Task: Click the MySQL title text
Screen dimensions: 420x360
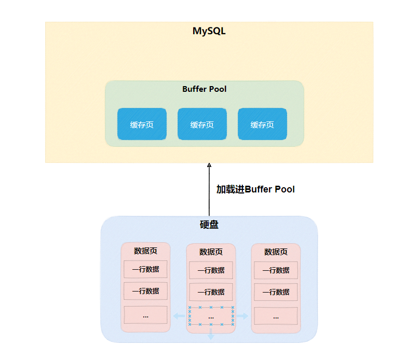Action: pyautogui.click(x=209, y=31)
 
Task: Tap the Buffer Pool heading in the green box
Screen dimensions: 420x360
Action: pyautogui.click(x=205, y=89)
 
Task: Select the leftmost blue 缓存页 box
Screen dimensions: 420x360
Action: pyautogui.click(x=142, y=124)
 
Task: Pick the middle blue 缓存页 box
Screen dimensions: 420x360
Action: pyautogui.click(x=202, y=124)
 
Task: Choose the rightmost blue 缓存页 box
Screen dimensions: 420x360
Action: pyautogui.click(x=263, y=124)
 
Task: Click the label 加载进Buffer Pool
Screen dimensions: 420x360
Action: pyautogui.click(x=255, y=189)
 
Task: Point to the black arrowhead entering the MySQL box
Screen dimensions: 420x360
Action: pyautogui.click(x=209, y=165)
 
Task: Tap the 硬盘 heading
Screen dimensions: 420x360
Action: pyautogui.click(x=209, y=224)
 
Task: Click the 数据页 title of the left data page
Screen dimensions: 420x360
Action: pyautogui.click(x=145, y=251)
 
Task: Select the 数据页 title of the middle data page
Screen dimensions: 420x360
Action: pyautogui.click(x=211, y=252)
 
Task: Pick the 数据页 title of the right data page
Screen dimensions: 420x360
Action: pyautogui.click(x=276, y=252)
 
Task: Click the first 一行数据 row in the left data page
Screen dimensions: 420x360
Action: pyautogui.click(x=145, y=269)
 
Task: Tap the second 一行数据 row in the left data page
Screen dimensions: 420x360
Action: pyautogui.click(x=145, y=291)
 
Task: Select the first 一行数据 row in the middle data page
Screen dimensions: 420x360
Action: pyautogui.click(x=211, y=270)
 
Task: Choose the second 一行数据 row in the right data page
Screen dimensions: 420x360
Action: pyautogui.click(x=276, y=292)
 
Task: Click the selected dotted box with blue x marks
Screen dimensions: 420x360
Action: pyautogui.click(x=211, y=316)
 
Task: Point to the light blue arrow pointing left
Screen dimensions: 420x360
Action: pyautogui.click(x=179, y=316)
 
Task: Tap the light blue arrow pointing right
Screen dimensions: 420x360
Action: pyautogui.click(x=242, y=316)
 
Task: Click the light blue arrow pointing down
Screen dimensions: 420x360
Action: pyautogui.click(x=211, y=334)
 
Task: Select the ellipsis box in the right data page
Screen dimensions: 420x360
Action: pyautogui.click(x=276, y=316)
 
